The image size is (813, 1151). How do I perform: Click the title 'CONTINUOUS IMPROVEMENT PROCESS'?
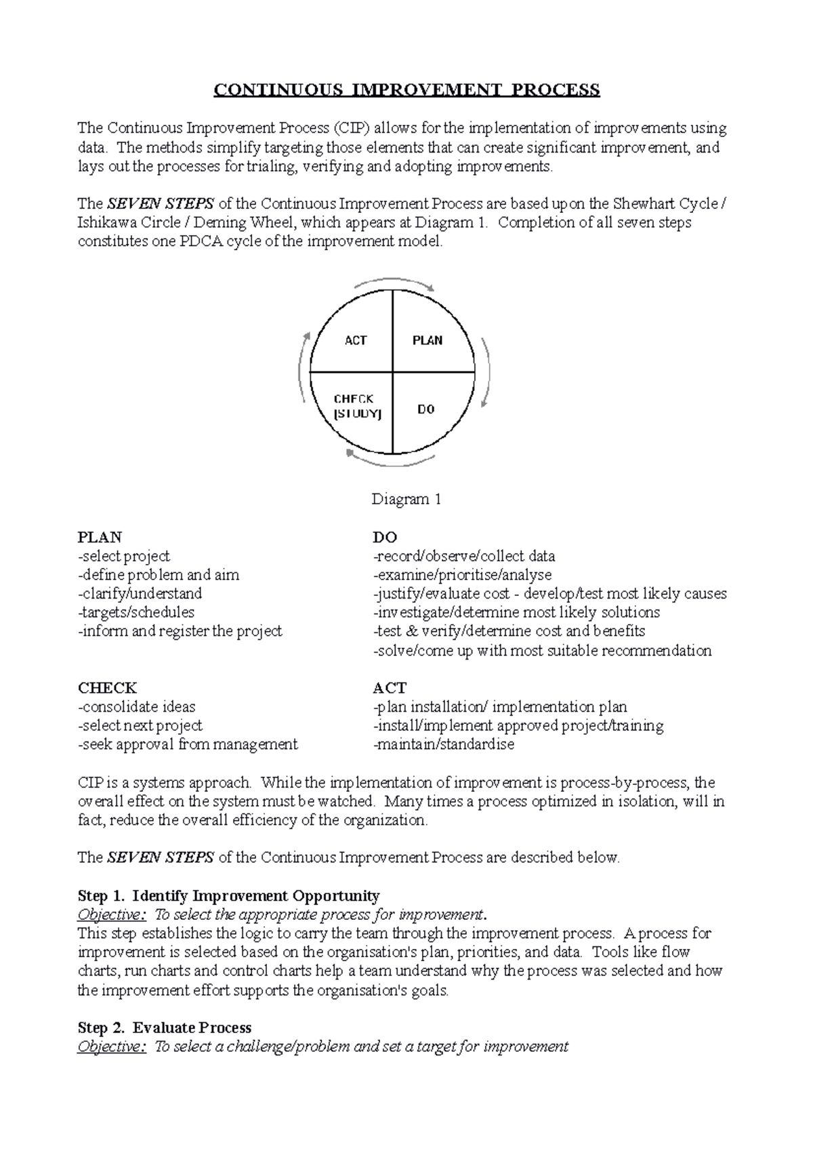pos(406,90)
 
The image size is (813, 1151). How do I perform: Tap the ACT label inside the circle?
pos(356,340)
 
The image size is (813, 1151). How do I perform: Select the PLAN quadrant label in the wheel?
pos(428,340)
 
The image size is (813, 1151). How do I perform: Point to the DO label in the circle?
pos(426,409)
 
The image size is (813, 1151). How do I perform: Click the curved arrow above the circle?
pos(393,282)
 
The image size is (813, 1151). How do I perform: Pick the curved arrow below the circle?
pos(393,462)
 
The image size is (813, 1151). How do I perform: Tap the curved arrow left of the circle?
pos(302,371)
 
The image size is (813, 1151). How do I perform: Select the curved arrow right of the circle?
pos(485,371)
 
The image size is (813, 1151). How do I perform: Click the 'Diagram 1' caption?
pos(406,500)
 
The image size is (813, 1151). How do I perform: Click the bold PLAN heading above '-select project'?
pos(100,538)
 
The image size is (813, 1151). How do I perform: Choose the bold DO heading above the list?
pos(385,538)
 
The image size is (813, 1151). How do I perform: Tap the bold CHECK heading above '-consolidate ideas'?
pos(108,688)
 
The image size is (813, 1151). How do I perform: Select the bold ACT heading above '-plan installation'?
pos(390,688)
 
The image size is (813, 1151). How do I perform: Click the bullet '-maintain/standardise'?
pos(444,744)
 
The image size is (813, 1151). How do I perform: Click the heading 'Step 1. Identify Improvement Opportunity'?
pos(229,895)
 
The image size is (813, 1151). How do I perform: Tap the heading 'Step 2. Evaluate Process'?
pos(165,1028)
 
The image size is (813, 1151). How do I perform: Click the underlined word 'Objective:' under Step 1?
pos(112,914)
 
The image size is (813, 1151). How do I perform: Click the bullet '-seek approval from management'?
pos(188,744)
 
